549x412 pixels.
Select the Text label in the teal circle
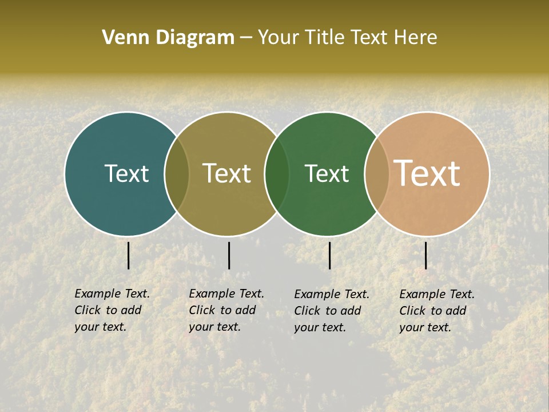click(126, 173)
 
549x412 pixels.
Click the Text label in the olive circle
click(226, 173)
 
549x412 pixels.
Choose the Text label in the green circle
click(327, 173)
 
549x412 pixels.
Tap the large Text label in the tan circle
click(427, 173)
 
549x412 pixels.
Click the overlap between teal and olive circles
click(177, 173)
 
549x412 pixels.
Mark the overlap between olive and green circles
click(277, 173)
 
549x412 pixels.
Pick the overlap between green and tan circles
click(376, 173)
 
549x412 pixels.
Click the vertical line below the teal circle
click(128, 255)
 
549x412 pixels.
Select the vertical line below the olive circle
click(229, 255)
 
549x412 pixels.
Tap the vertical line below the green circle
click(329, 255)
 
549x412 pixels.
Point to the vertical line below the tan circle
click(425, 255)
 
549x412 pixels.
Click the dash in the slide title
click(246, 38)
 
